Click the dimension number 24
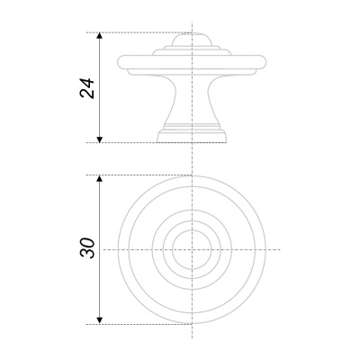coord(87,88)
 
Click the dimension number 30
coord(87,248)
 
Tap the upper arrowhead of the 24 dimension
coord(100,35)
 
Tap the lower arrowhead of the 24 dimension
coord(100,139)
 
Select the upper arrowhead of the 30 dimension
coord(100,178)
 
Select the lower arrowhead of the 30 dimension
coord(100,320)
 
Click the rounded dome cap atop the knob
coord(192,40)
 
